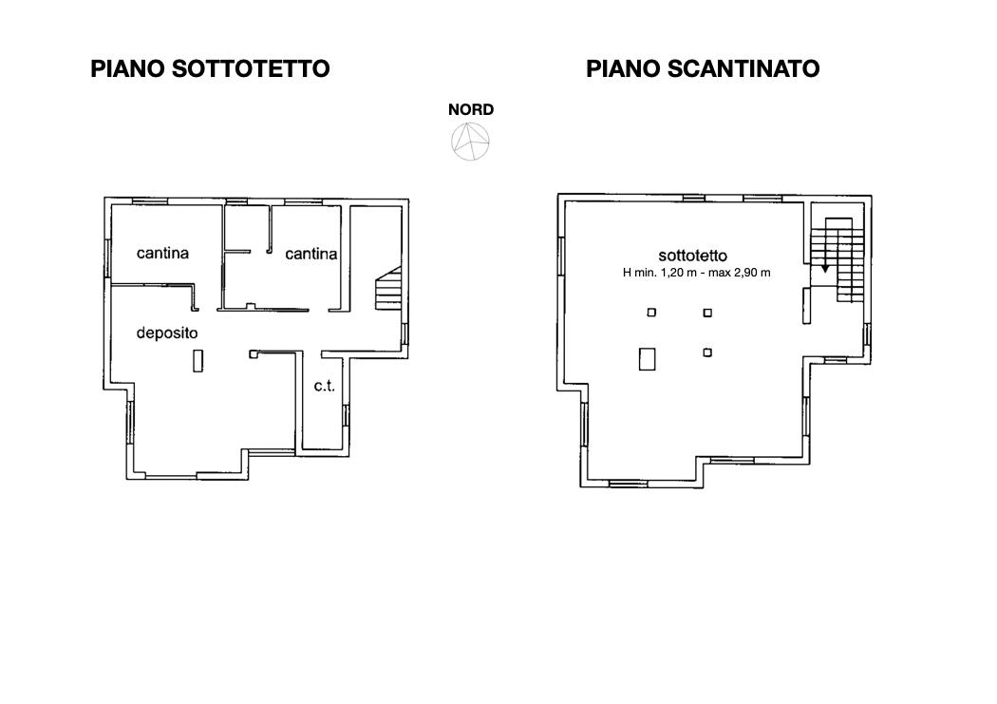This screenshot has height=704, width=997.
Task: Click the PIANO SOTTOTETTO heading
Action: coord(210,68)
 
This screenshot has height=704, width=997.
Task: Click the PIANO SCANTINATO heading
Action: coord(703,68)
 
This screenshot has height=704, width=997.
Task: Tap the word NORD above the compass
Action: coord(471,109)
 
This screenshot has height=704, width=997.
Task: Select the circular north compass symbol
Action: coord(471,142)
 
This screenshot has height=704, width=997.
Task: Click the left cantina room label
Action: coord(162,253)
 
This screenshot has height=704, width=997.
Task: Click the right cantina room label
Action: coord(310,254)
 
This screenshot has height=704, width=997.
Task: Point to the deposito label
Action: coord(167,333)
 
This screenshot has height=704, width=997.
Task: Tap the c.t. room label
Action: coord(325,386)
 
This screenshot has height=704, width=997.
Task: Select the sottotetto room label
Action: coord(693,256)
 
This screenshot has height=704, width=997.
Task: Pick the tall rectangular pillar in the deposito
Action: coord(198,361)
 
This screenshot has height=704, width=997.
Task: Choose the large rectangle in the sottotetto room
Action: coord(648,359)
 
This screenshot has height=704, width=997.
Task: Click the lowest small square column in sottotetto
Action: coord(707,352)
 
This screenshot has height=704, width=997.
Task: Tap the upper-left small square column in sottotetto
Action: coord(651,313)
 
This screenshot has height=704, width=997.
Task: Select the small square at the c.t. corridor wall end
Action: coord(254,354)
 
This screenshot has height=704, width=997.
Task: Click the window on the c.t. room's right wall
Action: coord(346,416)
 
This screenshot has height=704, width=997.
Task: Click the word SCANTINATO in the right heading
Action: coord(743,68)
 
